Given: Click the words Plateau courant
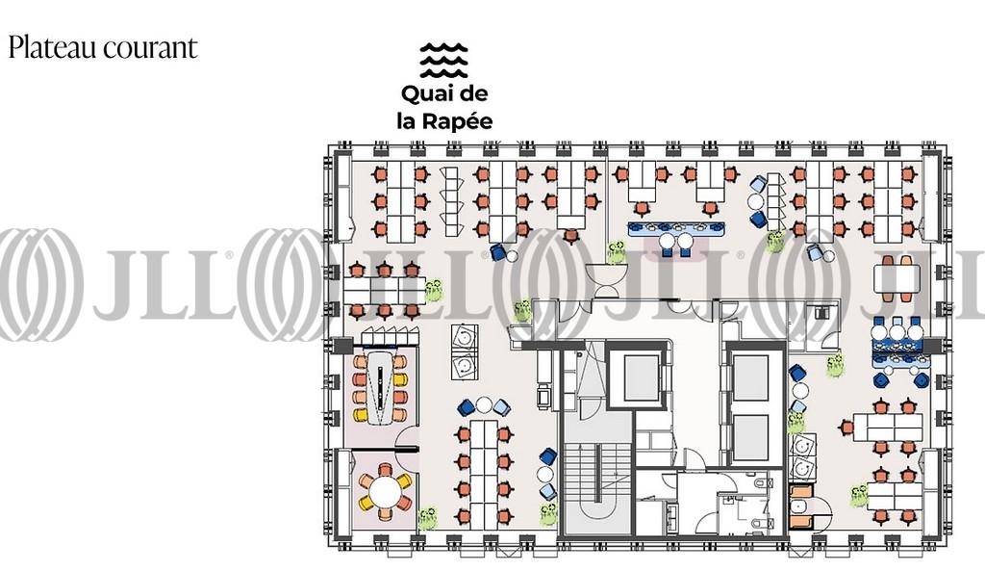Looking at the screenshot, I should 102,48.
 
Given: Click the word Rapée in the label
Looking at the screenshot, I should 458,121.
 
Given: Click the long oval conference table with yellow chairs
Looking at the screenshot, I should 383,387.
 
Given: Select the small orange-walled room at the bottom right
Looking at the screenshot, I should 800,507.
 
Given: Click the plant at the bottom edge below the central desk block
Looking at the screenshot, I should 549,513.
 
